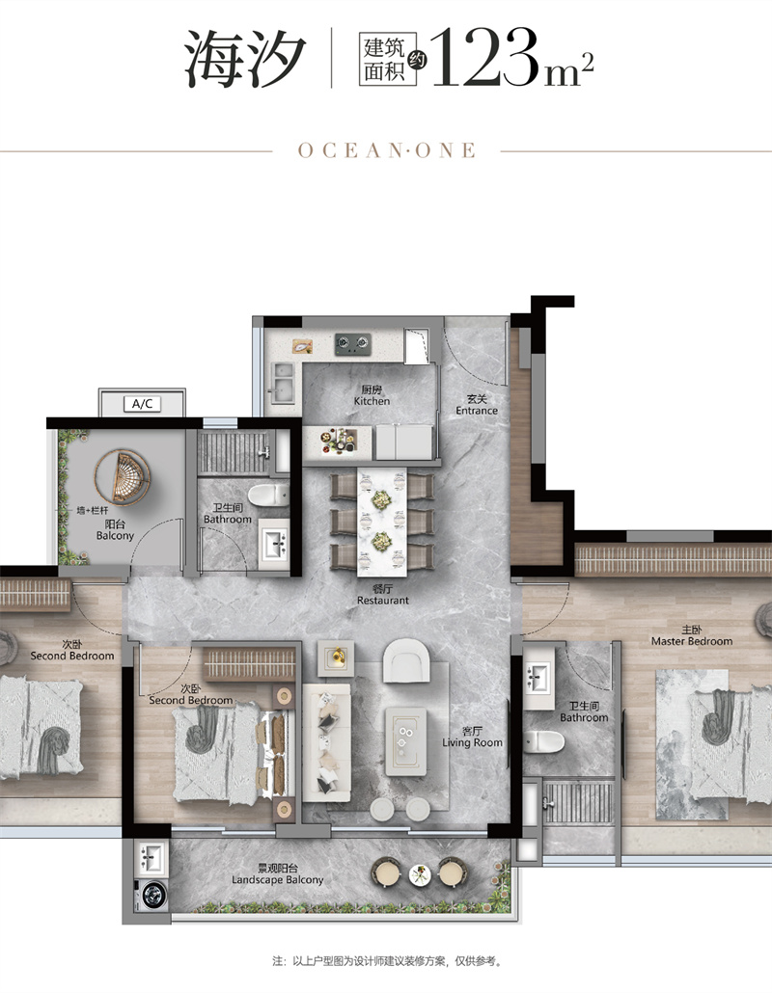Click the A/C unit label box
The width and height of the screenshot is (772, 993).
[x=143, y=403]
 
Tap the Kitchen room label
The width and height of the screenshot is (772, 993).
[x=372, y=396]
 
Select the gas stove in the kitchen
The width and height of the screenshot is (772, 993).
[x=352, y=344]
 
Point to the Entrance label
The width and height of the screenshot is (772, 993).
[x=477, y=405]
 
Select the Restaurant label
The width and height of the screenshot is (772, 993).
[x=383, y=595]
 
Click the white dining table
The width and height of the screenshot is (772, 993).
[x=382, y=522]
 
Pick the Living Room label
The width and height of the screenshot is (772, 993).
[x=472, y=737]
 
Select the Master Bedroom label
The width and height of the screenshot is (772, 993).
[x=692, y=636]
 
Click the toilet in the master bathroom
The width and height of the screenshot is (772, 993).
[x=544, y=741]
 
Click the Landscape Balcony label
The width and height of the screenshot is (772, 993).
[x=277, y=874]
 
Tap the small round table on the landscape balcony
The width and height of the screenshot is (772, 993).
[x=420, y=874]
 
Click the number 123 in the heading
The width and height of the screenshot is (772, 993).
[x=484, y=58]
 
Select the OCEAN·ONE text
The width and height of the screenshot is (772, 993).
[x=387, y=150]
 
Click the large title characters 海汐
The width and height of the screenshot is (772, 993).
[x=245, y=59]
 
